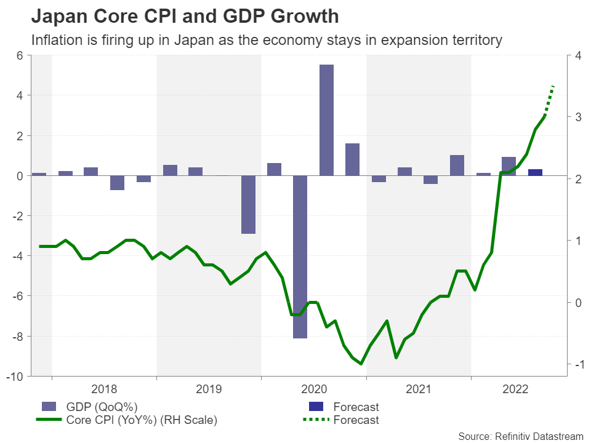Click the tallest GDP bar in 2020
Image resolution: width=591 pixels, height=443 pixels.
[326, 120]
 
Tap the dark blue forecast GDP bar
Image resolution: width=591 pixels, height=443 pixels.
[536, 172]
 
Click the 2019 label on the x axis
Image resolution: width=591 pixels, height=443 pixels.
[209, 389]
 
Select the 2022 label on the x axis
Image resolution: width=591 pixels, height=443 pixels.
[516, 389]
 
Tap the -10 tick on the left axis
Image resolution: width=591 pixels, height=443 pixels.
[15, 377]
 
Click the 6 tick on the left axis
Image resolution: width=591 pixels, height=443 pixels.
[20, 55]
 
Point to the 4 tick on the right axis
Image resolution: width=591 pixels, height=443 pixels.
[577, 55]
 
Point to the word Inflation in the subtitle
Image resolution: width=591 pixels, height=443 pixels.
[56, 41]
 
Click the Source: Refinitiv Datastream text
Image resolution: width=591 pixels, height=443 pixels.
[520, 436]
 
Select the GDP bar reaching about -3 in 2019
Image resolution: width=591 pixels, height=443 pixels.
[248, 204]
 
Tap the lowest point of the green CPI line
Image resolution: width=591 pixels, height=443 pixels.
[361, 364]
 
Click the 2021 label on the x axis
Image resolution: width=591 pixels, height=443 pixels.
[419, 389]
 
